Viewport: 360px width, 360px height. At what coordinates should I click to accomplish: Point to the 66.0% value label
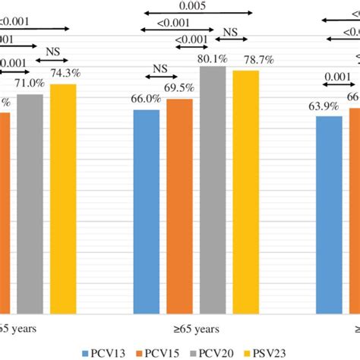click(147, 99)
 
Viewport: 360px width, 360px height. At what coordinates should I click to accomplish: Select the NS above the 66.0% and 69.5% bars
click(160, 68)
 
